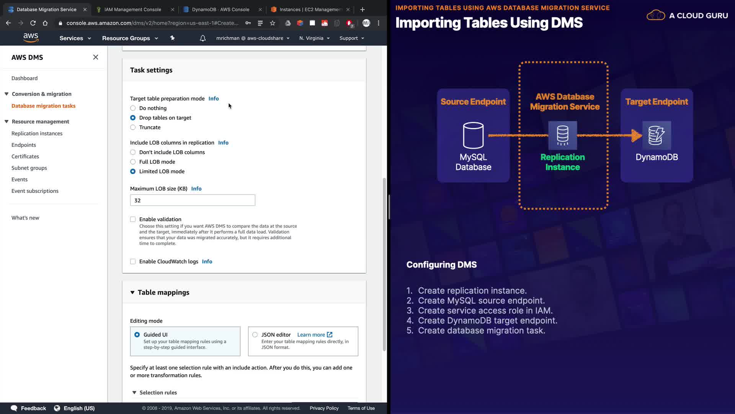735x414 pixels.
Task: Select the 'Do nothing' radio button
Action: coord(133,108)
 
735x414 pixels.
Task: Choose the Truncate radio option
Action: coord(133,127)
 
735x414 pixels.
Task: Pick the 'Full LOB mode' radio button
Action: coord(133,162)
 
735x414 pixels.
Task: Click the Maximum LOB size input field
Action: coord(193,200)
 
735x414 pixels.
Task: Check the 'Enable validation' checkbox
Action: coord(133,219)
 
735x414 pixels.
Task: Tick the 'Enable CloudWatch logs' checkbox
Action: coord(133,261)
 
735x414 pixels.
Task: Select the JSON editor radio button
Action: coord(255,335)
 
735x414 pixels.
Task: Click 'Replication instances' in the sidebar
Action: coord(37,133)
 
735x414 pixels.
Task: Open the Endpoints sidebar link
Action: coord(24,145)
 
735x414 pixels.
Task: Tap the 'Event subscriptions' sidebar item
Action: coord(35,191)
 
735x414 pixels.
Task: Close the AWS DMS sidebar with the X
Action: coord(96,57)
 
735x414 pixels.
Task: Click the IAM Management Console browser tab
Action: coord(132,10)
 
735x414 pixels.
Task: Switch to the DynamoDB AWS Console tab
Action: coord(220,10)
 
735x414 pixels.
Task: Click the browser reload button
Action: coord(33,23)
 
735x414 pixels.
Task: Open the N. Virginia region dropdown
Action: coord(314,38)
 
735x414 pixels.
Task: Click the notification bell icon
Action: coord(203,38)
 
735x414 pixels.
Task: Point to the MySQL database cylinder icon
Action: coord(473,135)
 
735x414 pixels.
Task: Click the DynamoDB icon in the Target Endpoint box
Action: coord(657,135)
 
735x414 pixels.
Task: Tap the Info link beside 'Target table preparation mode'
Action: coord(214,99)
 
